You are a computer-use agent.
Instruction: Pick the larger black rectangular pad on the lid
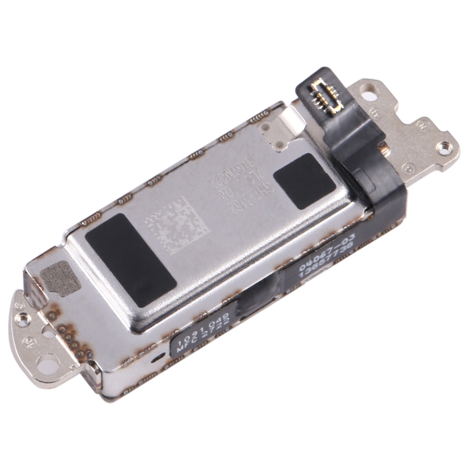click(131, 261)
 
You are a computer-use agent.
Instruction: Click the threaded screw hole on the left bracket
click(23, 321)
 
